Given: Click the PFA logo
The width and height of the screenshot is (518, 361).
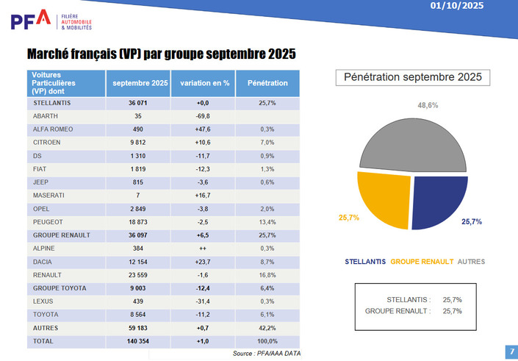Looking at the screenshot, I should [x=31, y=20].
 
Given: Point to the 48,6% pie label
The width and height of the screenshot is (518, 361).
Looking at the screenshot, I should [x=428, y=105].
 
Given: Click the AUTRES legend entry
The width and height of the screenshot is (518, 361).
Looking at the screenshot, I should [x=471, y=261].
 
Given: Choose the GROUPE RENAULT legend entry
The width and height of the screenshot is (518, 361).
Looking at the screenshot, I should [x=422, y=261].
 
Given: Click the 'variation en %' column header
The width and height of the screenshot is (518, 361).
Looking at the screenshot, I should [x=205, y=83].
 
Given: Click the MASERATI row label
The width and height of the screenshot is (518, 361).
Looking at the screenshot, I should [x=48, y=195].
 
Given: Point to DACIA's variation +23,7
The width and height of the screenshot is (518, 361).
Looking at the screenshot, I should [x=205, y=262].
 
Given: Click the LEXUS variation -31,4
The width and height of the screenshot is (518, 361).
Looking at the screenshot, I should [x=205, y=301].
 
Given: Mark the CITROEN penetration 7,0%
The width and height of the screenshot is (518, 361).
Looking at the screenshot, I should [x=267, y=143].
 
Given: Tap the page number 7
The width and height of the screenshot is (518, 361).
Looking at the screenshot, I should [x=511, y=351].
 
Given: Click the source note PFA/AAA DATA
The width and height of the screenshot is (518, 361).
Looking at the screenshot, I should [x=267, y=354].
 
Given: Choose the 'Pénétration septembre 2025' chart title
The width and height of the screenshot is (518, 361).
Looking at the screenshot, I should [x=413, y=77].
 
